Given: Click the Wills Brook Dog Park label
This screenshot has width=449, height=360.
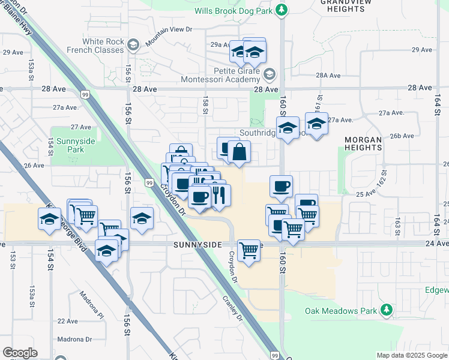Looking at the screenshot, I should [233, 11].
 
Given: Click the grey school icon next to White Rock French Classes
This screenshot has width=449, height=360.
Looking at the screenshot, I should [134, 44].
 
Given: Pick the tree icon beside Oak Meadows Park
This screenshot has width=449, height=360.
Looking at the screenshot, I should [387, 310].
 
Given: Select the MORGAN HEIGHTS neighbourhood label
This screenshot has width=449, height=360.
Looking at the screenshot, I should [363, 144].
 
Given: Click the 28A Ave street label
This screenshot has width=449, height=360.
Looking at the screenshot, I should [329, 76].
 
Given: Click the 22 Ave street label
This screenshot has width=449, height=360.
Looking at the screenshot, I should [68, 321].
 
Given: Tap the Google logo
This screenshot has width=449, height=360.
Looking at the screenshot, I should [20, 353].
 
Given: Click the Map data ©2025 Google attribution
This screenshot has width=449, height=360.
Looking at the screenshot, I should [412, 355].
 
